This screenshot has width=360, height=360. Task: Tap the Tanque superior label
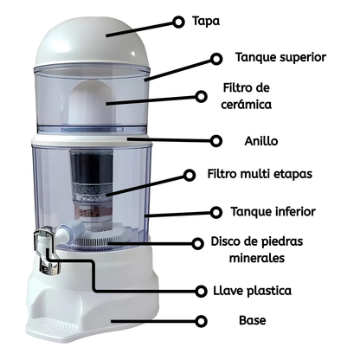280,58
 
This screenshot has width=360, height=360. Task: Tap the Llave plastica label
277,290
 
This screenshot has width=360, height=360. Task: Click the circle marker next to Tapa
179,21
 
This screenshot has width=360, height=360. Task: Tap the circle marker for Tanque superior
217,58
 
